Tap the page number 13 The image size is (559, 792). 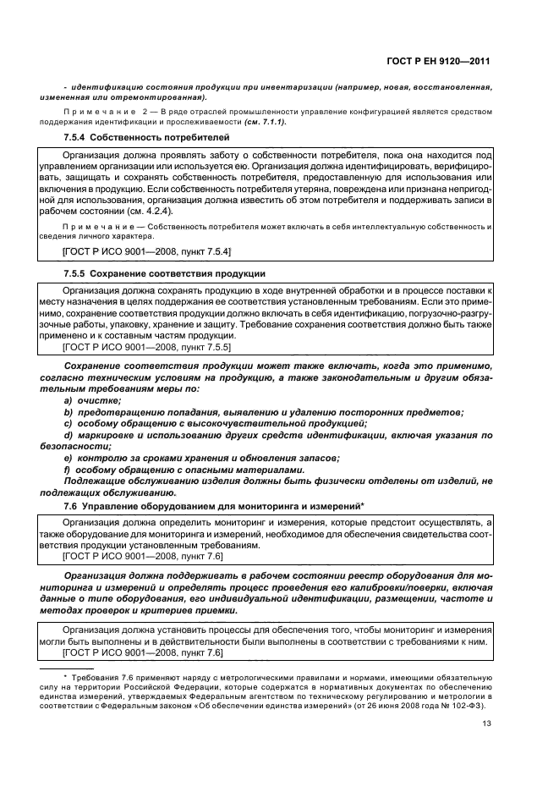(486, 723)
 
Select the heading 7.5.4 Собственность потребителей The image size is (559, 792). (135, 137)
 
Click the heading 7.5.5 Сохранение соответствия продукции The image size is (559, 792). (165, 274)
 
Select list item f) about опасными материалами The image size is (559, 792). (183, 470)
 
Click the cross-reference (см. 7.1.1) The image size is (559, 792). (265, 122)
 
